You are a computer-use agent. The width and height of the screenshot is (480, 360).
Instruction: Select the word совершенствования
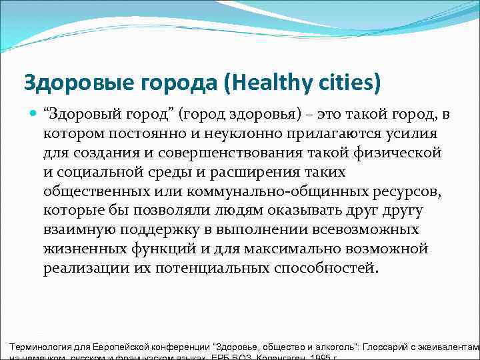[x=224, y=153]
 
